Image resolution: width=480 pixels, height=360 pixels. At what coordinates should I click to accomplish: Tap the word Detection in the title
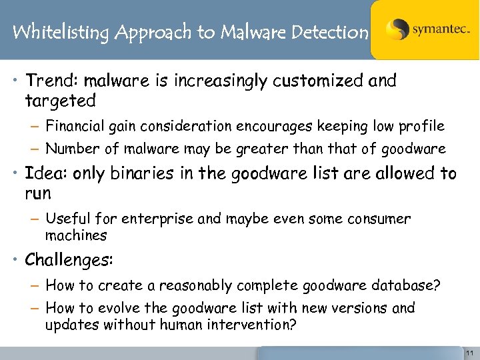[x=330, y=31]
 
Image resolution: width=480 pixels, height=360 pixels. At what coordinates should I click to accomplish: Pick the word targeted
[x=60, y=101]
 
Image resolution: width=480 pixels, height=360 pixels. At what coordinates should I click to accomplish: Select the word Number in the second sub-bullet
[x=71, y=149]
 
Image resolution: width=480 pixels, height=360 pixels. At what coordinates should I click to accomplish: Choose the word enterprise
[x=164, y=219]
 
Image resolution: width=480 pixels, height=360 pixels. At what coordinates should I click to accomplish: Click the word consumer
[x=379, y=219]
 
